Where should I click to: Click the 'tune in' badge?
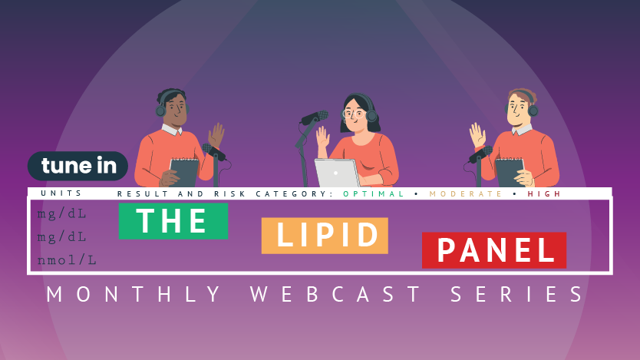(78, 166)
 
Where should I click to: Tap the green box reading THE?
(173, 221)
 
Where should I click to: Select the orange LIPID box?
(325, 236)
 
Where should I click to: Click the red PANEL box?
(494, 250)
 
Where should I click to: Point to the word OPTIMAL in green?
(374, 194)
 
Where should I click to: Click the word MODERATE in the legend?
(465, 194)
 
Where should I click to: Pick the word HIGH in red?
(544, 194)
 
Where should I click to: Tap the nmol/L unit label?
(67, 260)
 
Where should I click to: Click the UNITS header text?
(61, 193)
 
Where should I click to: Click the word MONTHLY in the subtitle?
(134, 294)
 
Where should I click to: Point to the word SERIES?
(516, 294)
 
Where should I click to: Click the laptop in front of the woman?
(337, 173)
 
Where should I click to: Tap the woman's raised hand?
(322, 137)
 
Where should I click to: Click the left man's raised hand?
(216, 135)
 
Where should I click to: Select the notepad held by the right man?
(509, 172)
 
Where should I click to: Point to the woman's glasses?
(353, 114)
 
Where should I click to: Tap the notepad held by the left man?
(184, 172)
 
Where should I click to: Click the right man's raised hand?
(477, 136)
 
